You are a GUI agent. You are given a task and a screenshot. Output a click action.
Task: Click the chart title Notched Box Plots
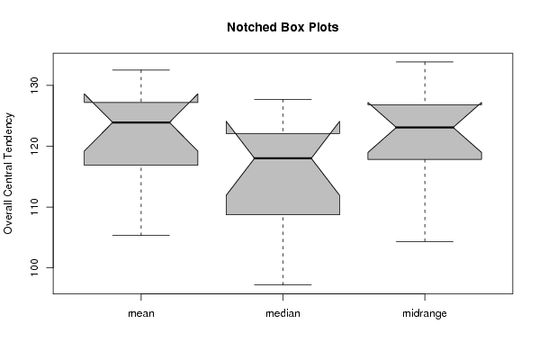283,28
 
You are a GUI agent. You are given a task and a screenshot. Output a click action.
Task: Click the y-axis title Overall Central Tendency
8,174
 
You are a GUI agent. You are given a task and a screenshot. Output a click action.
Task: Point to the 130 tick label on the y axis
35,85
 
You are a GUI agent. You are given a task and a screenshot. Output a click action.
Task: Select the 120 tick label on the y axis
35,146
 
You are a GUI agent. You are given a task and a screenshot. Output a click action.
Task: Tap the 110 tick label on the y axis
35,207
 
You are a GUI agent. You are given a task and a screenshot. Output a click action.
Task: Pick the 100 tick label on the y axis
35,268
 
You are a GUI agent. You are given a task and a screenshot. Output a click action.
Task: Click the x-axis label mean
141,313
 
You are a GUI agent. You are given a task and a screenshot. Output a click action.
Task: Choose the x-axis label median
283,313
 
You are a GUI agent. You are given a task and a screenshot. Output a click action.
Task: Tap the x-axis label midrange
425,313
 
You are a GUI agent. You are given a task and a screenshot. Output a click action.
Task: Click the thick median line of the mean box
141,122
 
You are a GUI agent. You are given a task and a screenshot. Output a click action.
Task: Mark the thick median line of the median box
283,158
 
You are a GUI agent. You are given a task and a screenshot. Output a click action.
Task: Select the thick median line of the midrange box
425,127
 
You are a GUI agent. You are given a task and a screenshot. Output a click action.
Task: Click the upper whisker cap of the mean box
141,70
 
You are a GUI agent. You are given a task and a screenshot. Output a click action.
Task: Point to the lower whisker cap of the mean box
141,235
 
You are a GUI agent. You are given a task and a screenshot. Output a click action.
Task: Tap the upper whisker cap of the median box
283,99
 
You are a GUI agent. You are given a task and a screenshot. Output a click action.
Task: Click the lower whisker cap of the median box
283,284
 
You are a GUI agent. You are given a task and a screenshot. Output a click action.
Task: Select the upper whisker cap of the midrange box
425,62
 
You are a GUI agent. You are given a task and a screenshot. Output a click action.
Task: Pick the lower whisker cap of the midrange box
425,242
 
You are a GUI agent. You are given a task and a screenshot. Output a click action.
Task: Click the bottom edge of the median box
283,214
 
